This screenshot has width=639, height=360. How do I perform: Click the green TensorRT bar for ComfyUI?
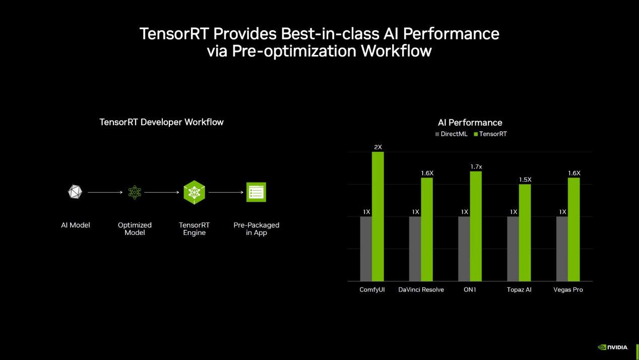point(378,216)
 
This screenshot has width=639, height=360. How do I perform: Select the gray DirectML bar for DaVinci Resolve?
point(415,249)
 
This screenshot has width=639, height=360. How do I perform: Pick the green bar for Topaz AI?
point(525,232)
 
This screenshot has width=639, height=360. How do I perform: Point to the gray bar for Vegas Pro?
point(562,249)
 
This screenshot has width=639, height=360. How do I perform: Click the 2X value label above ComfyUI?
point(378,147)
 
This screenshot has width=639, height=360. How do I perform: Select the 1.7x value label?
point(476,166)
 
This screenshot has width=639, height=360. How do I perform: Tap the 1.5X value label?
point(525,179)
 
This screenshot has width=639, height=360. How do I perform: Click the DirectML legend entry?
point(452,134)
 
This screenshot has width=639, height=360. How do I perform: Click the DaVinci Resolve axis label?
point(421,290)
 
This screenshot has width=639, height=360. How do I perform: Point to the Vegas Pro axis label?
point(568,290)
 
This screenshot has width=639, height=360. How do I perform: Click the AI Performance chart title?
point(470,123)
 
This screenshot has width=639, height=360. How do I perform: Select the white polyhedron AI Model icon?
point(75,192)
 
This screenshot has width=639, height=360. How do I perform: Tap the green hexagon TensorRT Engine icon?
point(194,192)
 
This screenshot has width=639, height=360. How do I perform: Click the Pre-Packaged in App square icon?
point(256,192)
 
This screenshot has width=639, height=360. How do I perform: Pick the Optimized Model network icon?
point(135,192)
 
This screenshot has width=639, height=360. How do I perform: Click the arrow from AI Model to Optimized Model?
point(105,192)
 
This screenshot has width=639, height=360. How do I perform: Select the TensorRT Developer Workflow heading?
point(161,122)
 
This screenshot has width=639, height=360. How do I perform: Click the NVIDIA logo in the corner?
point(612,347)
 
